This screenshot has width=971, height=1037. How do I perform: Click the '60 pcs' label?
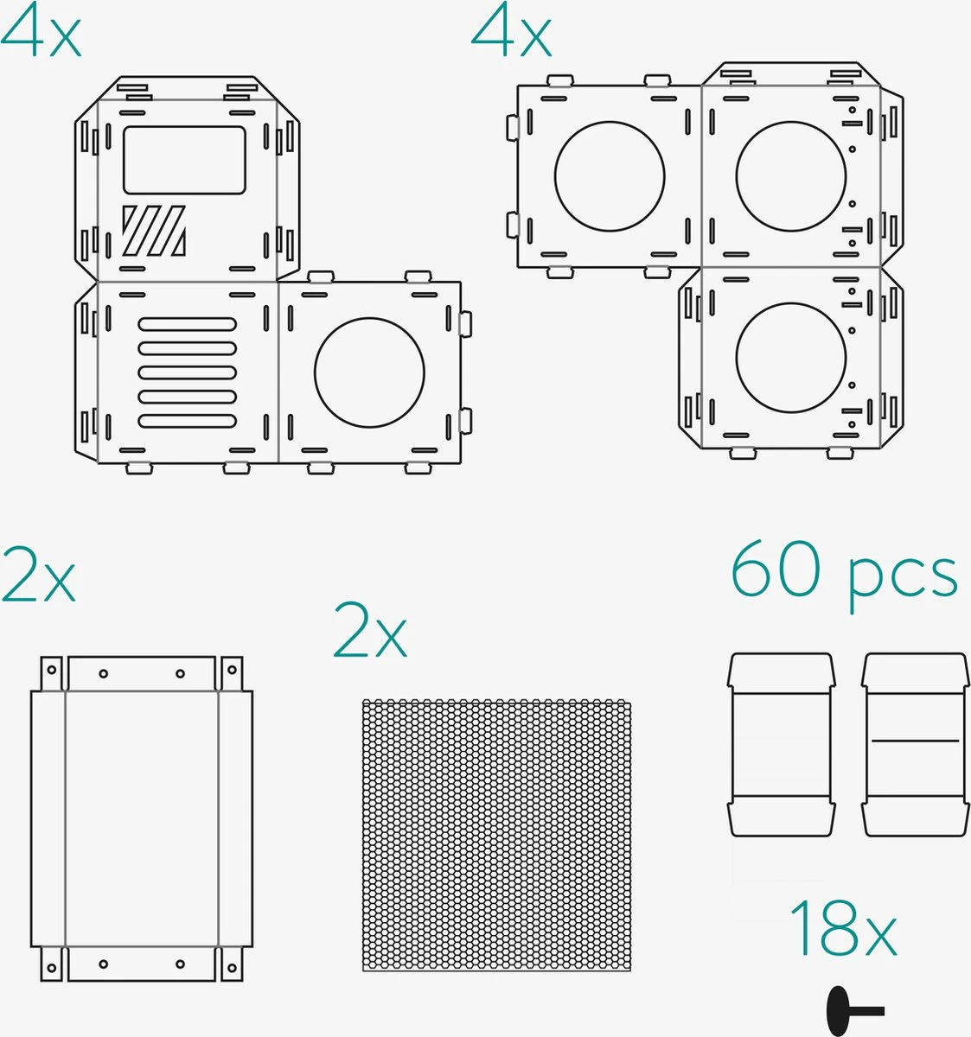tap(844, 576)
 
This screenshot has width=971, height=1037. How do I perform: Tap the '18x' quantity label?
tap(843, 928)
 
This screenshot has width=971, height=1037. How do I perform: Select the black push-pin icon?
tap(855, 1011)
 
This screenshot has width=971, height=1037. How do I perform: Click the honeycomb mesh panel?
tap(496, 835)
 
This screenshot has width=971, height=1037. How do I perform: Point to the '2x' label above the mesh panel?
tap(370, 630)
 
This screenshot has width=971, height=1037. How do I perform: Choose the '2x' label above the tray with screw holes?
tap(39, 575)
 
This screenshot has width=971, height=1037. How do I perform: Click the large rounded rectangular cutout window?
tap(184, 160)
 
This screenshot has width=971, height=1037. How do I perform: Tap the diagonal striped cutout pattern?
tap(154, 230)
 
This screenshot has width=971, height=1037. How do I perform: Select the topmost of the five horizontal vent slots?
tap(187, 324)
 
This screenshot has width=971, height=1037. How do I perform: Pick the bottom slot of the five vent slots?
tap(187, 421)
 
